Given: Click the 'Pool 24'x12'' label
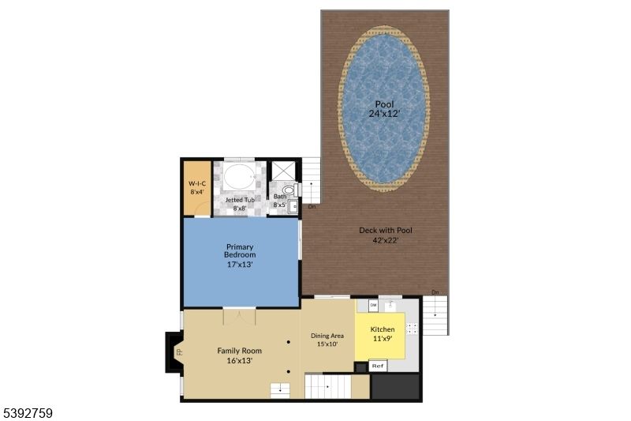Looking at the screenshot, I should coord(384,108).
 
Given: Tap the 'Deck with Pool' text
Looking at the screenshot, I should coord(386,235).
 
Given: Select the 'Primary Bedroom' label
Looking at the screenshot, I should coord(241,256).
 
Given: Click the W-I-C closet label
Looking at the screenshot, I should coord(196,187).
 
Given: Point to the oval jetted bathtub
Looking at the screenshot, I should coord(240,178).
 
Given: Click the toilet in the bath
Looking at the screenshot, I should coord(289,190).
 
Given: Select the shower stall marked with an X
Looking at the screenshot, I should coord(282,171).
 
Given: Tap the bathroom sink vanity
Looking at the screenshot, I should coord(293,207).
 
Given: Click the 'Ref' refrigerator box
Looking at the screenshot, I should coord(378,366).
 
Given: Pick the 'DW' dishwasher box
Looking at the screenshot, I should coord(373,305).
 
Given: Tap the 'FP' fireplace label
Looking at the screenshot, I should coord(178,351).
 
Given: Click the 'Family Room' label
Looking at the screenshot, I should coord(240,355).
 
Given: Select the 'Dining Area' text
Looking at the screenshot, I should coord(327,340).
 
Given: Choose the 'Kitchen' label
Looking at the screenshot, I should coord(383,333).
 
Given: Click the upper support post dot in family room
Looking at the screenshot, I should coord(289,342).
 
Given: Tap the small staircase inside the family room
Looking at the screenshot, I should coord(280,389).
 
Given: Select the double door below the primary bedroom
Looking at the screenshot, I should coord(240,316).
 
